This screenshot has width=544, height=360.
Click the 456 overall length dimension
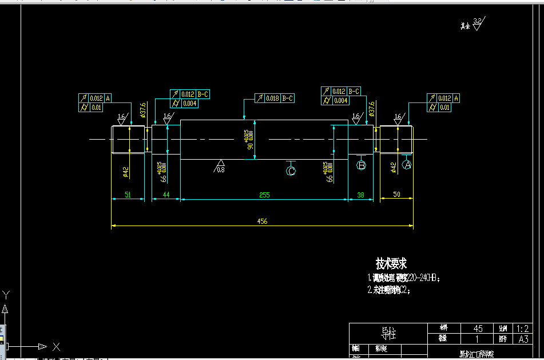pos(262,221)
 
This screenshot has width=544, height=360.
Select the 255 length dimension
pos(264,195)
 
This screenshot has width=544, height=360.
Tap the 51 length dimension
pos(128,195)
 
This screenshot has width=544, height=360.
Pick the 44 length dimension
pos(166,195)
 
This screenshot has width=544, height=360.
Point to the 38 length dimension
pos(360,195)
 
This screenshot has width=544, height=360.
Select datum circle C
pos(291,171)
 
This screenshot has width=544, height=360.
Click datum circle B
pos(361,165)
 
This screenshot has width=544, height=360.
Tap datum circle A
pos(407,165)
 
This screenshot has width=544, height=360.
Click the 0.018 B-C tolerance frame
pos(274,98)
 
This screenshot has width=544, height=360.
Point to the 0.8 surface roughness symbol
pos(220,167)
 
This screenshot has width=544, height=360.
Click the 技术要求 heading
pos(391,264)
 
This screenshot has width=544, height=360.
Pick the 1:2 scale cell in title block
pos(522,329)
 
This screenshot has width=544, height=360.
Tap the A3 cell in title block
pos(522,339)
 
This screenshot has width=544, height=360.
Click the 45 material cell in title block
pos(478,329)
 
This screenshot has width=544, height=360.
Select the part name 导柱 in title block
pos(388,333)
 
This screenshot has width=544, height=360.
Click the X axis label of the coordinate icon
pos(56,346)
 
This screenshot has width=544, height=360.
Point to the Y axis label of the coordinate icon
pos(6,295)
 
